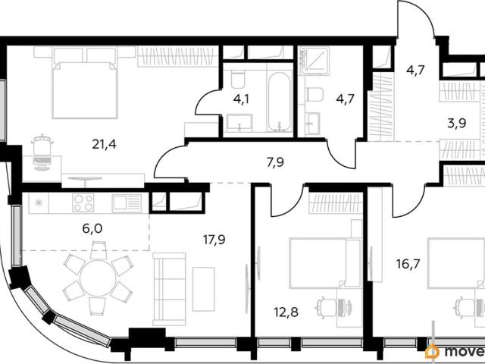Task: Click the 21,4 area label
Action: point(105,144)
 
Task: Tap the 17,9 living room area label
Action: point(214,240)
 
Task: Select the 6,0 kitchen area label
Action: point(92,228)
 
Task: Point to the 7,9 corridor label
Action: point(275,162)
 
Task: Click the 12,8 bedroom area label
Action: point(286,312)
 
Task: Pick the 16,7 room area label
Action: point(408,264)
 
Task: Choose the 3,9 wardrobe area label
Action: point(457,124)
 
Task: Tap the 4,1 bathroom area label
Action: point(241,99)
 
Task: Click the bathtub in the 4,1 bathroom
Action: point(280,102)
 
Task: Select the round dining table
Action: point(98,277)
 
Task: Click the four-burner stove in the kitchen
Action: point(83,202)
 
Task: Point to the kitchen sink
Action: point(127,203)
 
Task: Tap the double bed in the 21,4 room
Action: point(84,83)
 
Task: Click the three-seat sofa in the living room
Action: point(169,289)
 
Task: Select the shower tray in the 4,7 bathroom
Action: point(314,61)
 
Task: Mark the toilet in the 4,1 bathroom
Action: point(237,79)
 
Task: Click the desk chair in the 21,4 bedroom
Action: point(42,145)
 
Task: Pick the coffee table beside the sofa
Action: point(203,289)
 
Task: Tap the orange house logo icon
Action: point(433,352)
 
